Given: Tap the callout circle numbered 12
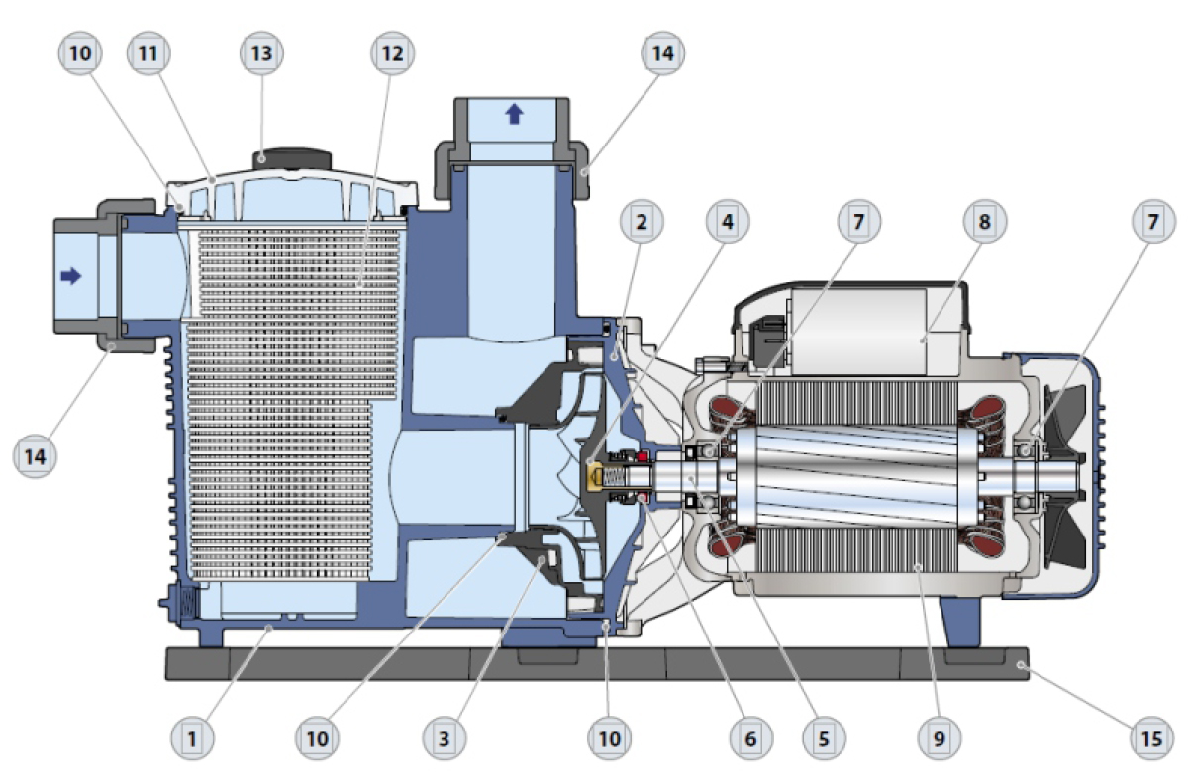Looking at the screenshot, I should click(x=393, y=54).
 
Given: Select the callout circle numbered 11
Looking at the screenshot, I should click(x=149, y=54).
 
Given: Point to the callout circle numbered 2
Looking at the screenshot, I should click(x=643, y=223).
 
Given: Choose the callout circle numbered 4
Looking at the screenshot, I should click(x=729, y=223).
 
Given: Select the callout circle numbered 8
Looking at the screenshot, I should click(x=984, y=223).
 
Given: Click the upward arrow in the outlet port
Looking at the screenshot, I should click(x=513, y=114).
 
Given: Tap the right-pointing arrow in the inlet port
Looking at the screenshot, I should click(x=71, y=277).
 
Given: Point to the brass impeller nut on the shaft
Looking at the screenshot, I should click(x=598, y=476).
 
